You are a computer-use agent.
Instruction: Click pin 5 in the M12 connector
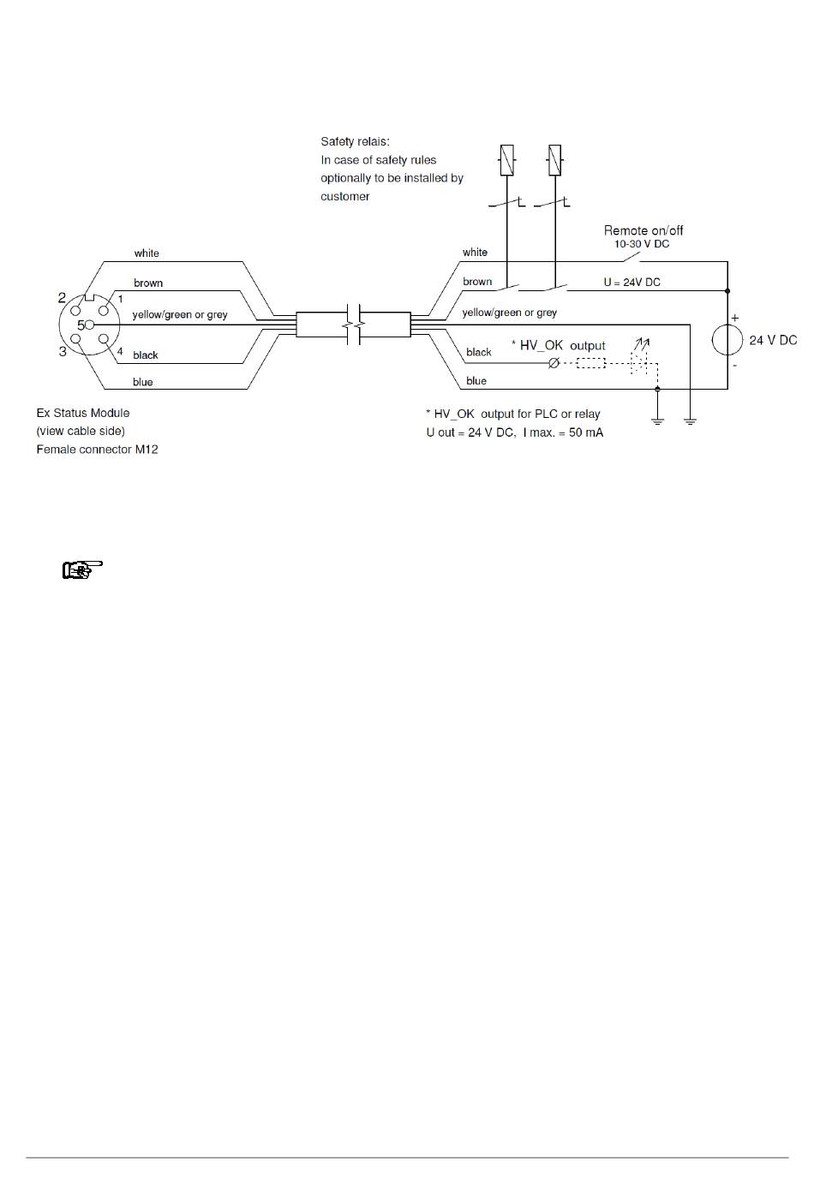[x=90, y=325]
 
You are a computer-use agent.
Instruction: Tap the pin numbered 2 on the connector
[x=75, y=310]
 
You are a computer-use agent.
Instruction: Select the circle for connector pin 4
[x=104, y=339]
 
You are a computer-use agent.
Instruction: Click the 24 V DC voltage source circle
[x=727, y=340]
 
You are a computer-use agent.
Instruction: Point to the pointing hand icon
[x=82, y=569]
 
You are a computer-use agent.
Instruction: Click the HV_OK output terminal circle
[x=554, y=363]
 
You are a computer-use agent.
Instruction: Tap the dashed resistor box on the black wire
[x=590, y=363]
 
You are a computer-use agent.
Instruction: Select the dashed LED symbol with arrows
[x=640, y=357]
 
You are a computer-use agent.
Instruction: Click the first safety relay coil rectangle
[x=506, y=160]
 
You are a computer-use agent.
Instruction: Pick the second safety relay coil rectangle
[x=554, y=160]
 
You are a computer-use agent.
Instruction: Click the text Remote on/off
[x=643, y=230]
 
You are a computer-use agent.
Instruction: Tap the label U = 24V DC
[x=631, y=283]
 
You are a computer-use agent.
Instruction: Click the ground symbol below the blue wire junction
[x=657, y=420]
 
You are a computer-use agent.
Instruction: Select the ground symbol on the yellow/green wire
[x=690, y=420]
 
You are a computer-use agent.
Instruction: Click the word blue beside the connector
[x=143, y=382]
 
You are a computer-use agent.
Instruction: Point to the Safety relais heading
[x=355, y=141]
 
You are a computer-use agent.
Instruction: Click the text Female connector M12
[x=97, y=450]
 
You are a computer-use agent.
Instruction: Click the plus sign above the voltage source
[x=735, y=319]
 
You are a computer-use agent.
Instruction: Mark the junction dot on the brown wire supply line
[x=727, y=291]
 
